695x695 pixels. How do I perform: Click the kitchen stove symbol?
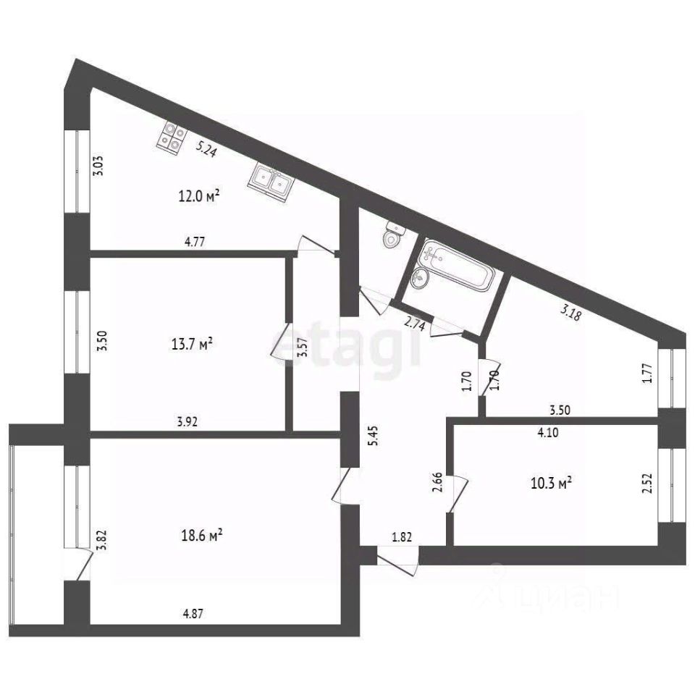[172, 138]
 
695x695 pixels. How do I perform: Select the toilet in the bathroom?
[392, 235]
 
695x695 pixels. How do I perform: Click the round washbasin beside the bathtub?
[418, 278]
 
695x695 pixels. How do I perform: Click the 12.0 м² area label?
[199, 195]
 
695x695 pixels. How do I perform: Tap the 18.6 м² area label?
[202, 536]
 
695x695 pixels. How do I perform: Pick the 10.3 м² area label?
[551, 482]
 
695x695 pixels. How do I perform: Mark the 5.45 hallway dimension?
[374, 435]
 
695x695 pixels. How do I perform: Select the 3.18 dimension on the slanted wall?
[570, 313]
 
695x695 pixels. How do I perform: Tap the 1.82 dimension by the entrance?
[402, 537]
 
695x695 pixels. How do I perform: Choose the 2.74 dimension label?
[416, 324]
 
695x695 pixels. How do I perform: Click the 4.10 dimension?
[548, 432]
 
